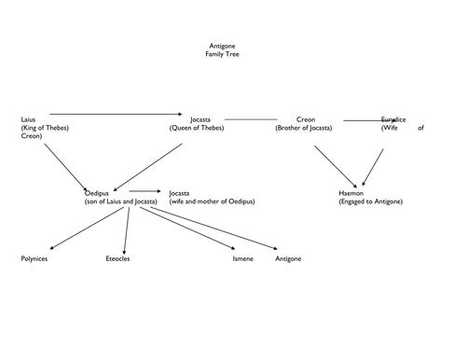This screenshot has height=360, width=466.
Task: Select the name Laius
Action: coord(27,120)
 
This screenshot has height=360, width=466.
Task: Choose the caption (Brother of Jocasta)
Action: coord(311,128)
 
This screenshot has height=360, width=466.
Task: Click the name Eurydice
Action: coord(394,120)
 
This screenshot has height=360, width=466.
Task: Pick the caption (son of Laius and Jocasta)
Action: coord(121,201)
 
